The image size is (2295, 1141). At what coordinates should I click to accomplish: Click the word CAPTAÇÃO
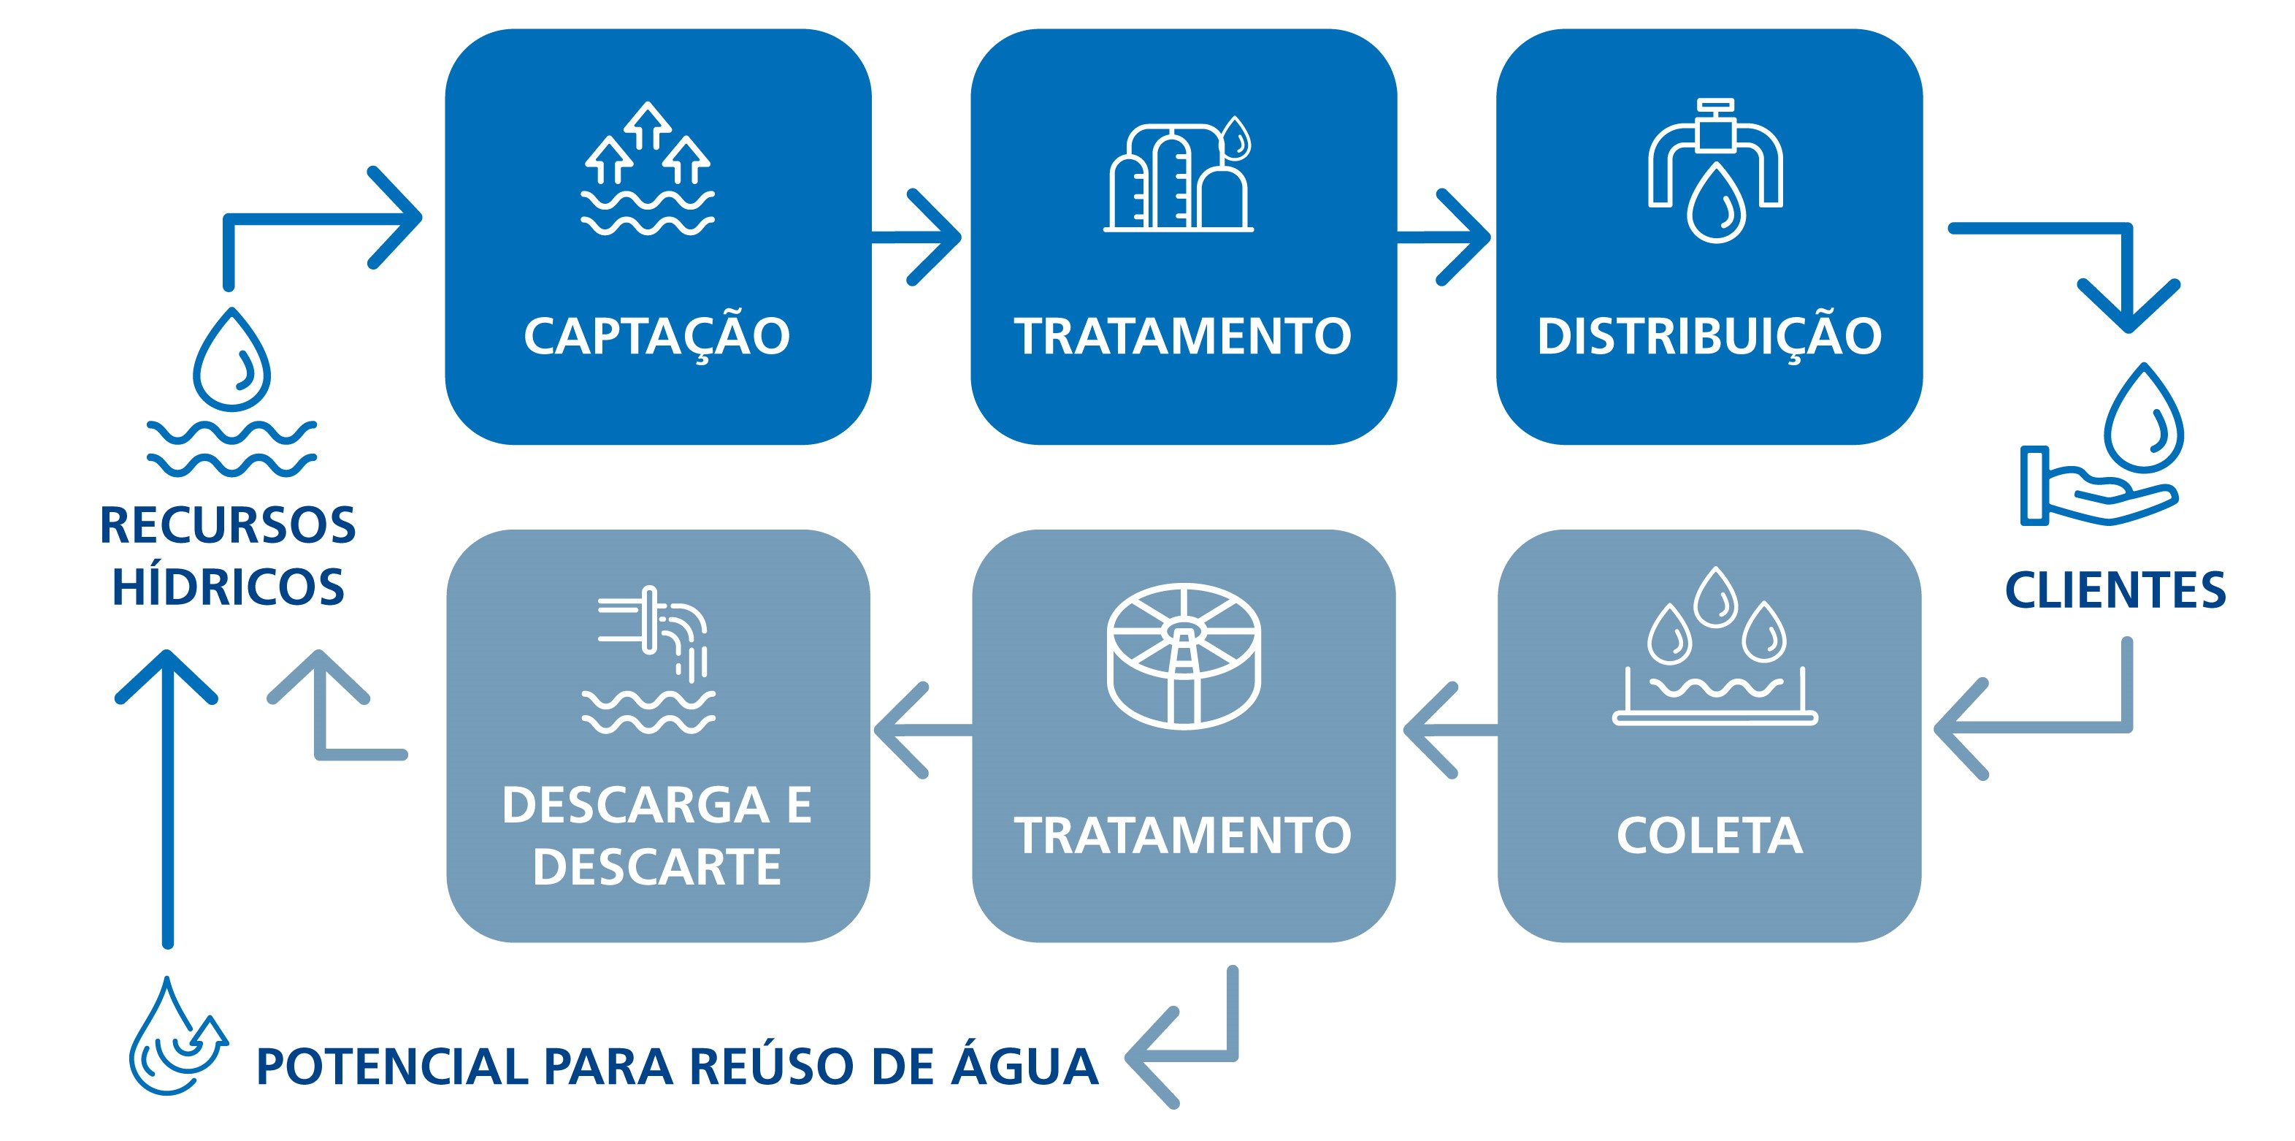pos(656,337)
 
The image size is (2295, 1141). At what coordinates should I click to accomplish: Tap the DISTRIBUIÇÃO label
pos(1709,337)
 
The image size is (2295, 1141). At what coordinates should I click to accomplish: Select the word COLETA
pos(1709,836)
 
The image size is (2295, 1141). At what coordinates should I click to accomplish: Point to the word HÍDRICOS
pos(228,587)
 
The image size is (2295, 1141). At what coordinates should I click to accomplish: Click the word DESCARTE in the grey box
pos(656,866)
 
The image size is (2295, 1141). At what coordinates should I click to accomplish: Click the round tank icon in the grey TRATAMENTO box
pos(1183,655)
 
